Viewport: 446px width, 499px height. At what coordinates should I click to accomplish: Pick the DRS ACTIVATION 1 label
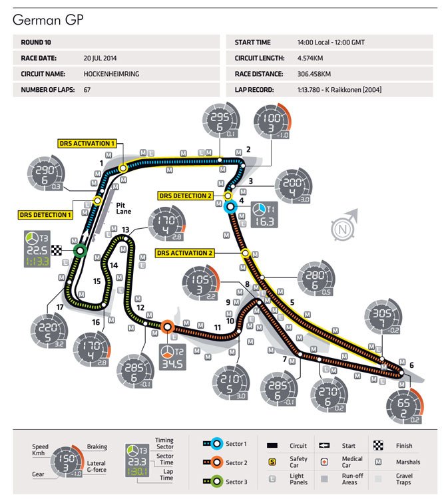point(87,142)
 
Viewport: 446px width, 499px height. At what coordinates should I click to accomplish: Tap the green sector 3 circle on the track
point(79,250)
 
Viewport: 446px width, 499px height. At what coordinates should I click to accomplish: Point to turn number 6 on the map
point(411,365)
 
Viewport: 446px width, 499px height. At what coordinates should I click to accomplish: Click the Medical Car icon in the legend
point(326,460)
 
